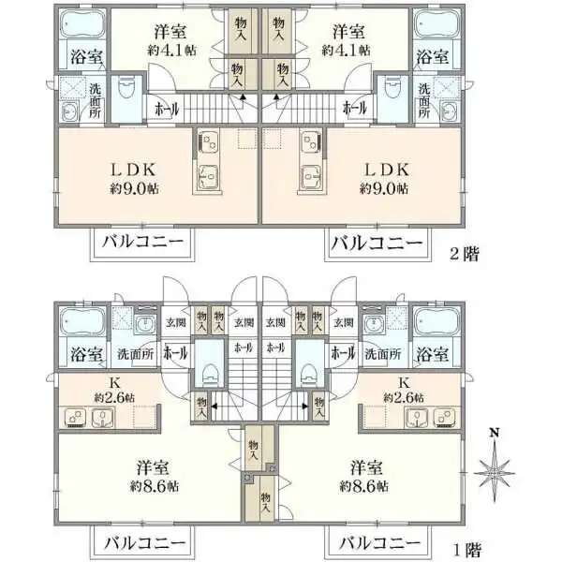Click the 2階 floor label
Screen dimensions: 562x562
click(466, 254)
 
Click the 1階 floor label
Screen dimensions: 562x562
click(466, 548)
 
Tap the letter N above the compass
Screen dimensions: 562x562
click(495, 434)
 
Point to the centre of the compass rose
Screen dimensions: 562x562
click(495, 474)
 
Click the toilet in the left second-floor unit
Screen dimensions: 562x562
click(127, 92)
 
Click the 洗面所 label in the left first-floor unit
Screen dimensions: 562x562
click(136, 355)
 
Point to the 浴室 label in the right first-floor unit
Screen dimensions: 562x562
click(432, 355)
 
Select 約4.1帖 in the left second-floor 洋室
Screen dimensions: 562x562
click(171, 50)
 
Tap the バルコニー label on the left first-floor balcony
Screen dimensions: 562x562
click(144, 542)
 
